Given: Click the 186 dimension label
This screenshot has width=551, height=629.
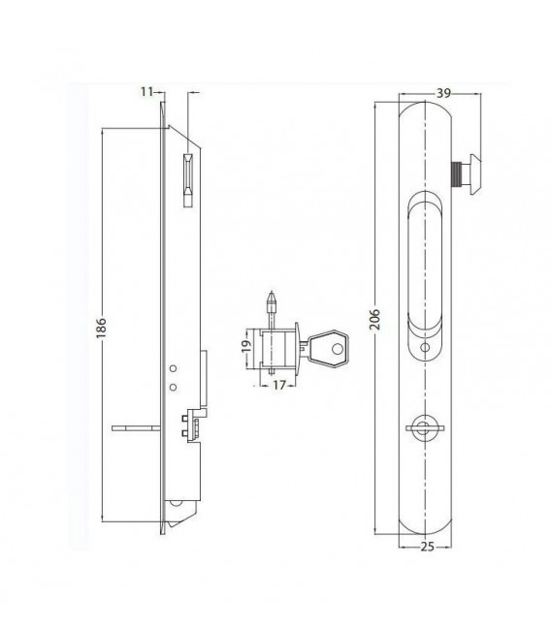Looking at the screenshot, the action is click(x=101, y=328).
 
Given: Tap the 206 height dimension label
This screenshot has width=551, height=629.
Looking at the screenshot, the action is click(x=374, y=319).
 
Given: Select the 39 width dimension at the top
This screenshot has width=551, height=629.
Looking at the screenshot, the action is click(x=443, y=93).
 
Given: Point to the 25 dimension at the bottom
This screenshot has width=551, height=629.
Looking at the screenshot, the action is click(x=428, y=547).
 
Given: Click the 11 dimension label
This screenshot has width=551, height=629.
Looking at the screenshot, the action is click(x=146, y=92).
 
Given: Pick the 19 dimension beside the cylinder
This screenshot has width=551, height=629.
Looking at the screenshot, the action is click(x=246, y=346).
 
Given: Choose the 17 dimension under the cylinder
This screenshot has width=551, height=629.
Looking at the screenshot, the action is click(x=279, y=385).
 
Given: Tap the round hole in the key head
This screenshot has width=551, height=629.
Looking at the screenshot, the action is click(x=338, y=349).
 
